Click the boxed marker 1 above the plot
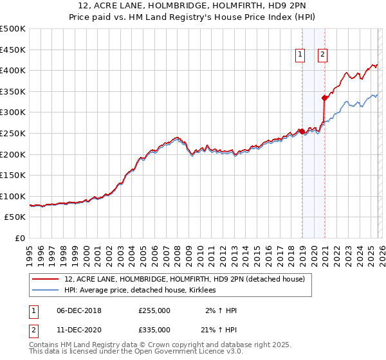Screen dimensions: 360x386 pos(300,55)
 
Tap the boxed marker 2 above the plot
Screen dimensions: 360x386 pos(322,55)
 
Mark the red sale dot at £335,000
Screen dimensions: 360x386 pos(325,98)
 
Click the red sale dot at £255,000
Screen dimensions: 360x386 pos(302,131)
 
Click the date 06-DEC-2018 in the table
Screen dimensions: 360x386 pos(79,310)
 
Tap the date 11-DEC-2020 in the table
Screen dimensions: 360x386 pos(79,329)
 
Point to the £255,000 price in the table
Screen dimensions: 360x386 pos(154,310)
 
